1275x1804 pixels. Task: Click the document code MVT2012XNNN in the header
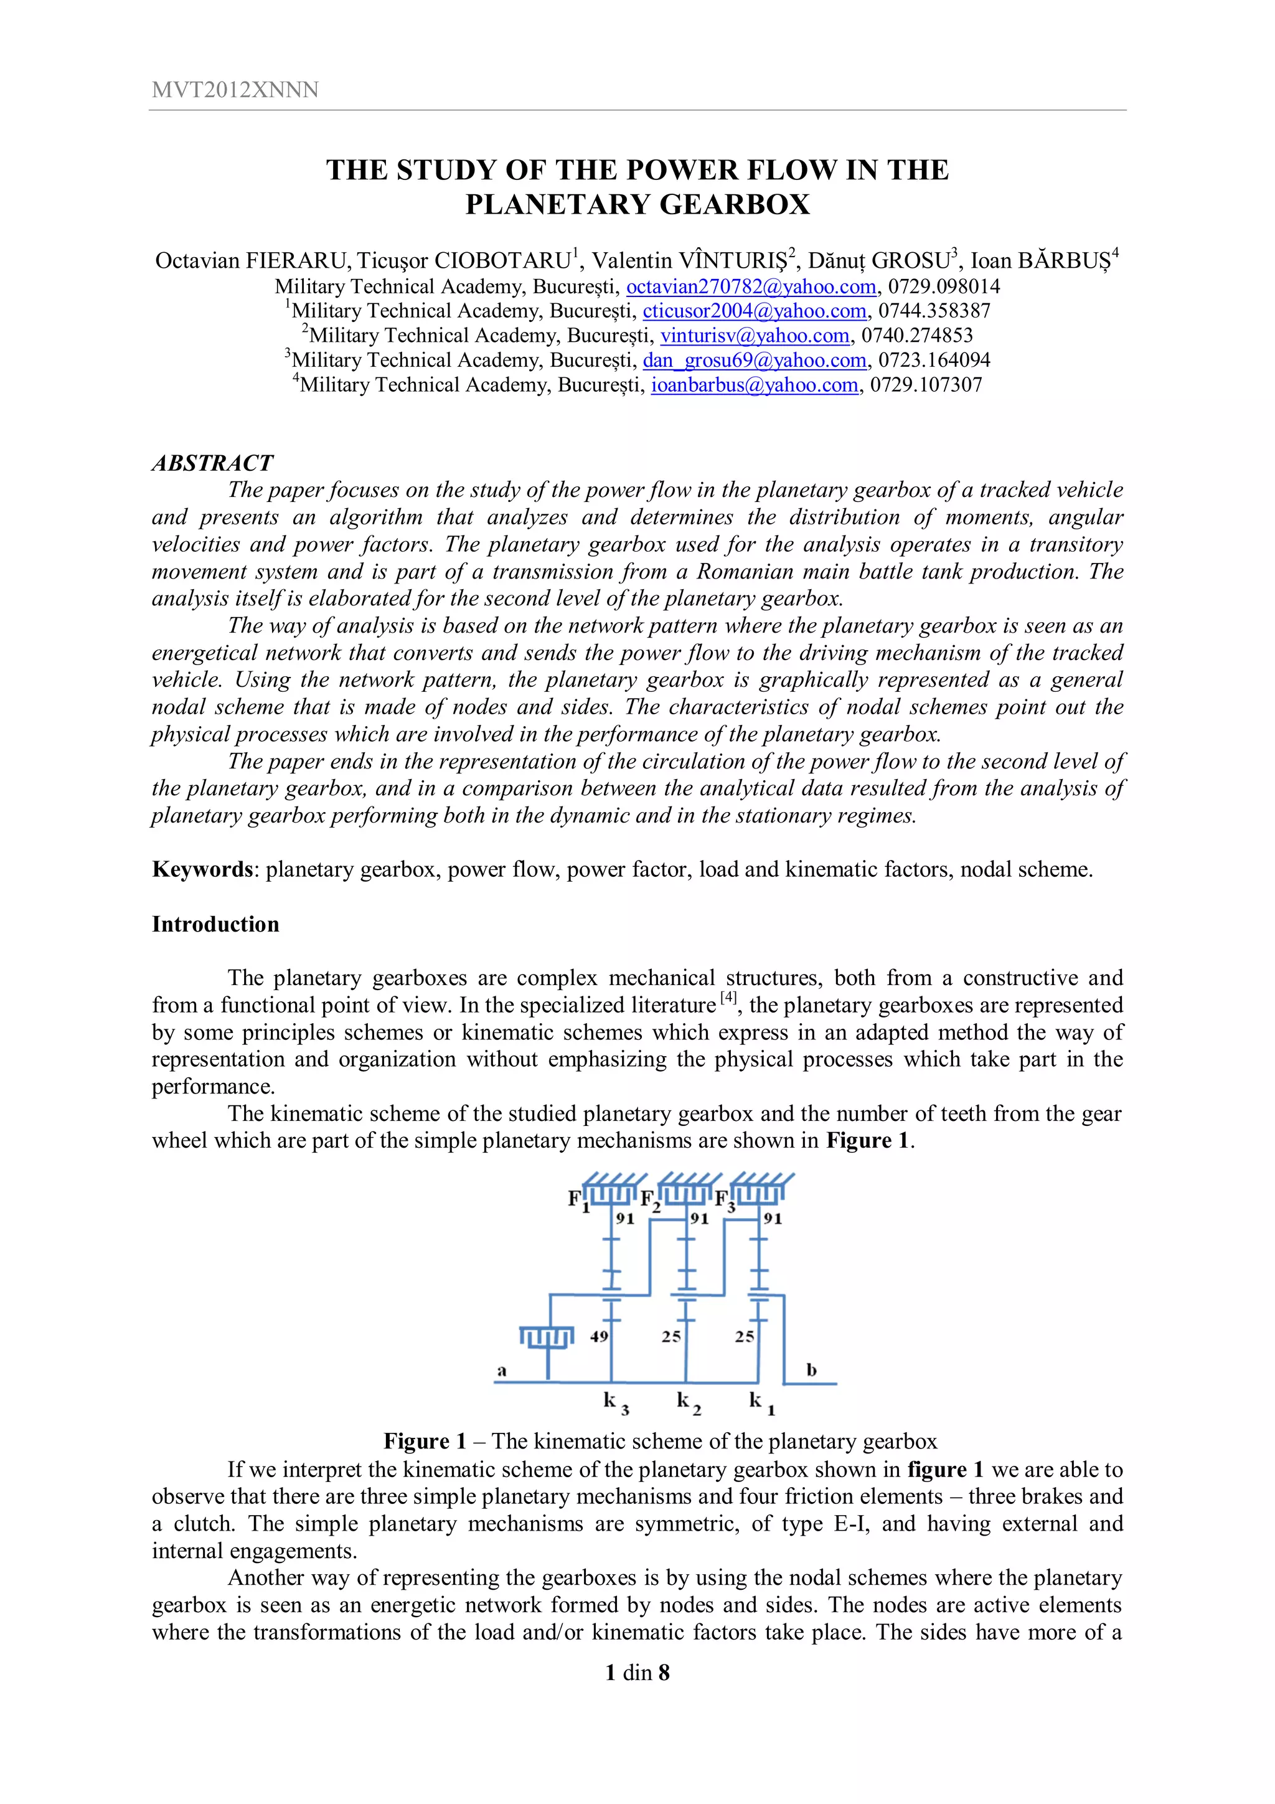(235, 90)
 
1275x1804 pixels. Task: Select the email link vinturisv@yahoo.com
(754, 336)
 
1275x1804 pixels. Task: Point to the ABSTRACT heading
(212, 463)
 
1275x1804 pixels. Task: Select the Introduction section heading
(215, 924)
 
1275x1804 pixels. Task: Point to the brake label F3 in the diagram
(724, 1201)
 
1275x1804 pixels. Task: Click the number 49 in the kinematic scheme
(599, 1336)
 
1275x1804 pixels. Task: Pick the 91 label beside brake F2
(699, 1219)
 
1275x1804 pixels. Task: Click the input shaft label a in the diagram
(502, 1371)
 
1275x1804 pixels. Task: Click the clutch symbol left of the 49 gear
(547, 1336)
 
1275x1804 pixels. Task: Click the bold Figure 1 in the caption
(423, 1441)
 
